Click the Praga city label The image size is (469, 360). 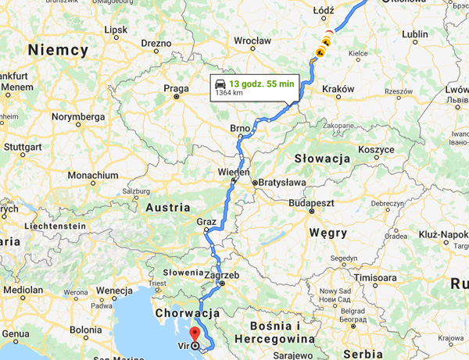(176, 88)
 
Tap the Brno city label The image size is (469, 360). (239, 127)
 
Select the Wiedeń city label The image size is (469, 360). (234, 172)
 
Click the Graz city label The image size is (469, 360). (206, 222)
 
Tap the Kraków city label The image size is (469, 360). (338, 89)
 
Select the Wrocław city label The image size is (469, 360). (252, 41)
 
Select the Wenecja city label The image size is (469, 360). (113, 290)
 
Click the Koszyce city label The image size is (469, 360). (376, 149)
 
